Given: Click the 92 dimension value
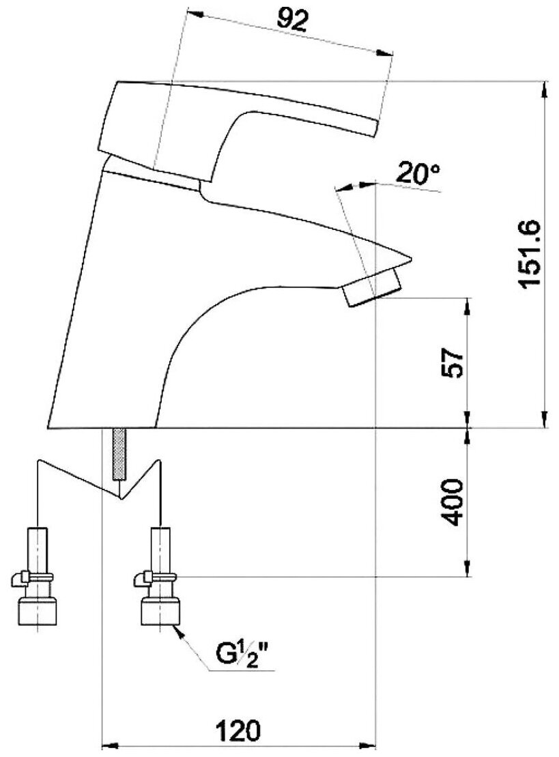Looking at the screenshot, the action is pyautogui.click(x=292, y=20).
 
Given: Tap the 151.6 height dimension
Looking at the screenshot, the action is pyautogui.click(x=530, y=254).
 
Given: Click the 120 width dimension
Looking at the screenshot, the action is pyautogui.click(x=238, y=730).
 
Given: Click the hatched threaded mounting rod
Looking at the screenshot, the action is pyautogui.click(x=119, y=454).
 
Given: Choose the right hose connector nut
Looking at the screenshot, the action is pyautogui.click(x=161, y=611).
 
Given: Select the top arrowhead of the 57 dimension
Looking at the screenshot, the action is pyautogui.click(x=468, y=306).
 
